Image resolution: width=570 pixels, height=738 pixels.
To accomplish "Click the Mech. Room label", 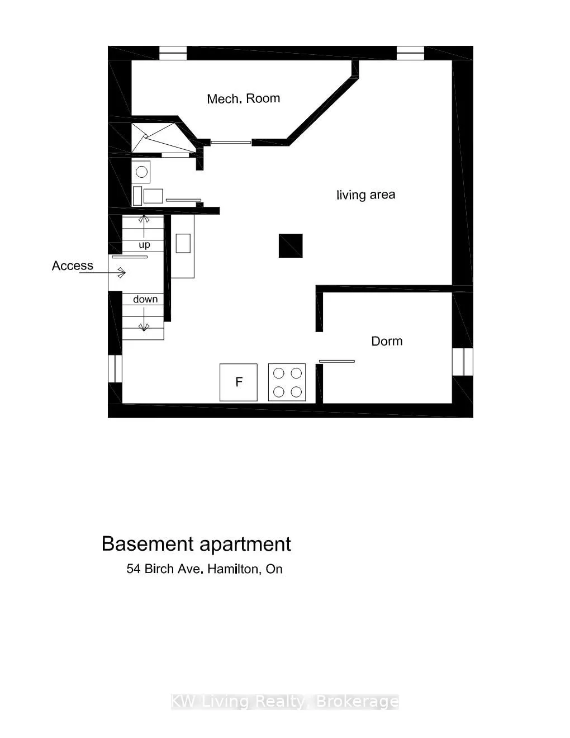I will pyautogui.click(x=243, y=99).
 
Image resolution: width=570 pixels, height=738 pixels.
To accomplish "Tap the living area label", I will pyautogui.click(x=365, y=195).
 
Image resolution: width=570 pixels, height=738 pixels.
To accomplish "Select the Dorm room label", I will pyautogui.click(x=387, y=341).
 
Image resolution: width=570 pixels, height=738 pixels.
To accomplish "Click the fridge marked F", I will pyautogui.click(x=239, y=382).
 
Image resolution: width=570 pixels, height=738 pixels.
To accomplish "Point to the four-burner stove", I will pyautogui.click(x=287, y=382).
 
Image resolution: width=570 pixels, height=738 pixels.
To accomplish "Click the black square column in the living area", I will pyautogui.click(x=291, y=245).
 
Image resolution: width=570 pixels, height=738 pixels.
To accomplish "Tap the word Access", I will pyautogui.click(x=72, y=266).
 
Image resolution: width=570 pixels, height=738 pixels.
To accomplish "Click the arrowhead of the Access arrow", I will pyautogui.click(x=122, y=273).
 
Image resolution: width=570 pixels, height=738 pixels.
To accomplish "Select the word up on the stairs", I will pyautogui.click(x=144, y=245).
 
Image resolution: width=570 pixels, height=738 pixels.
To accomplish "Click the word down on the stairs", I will pyautogui.click(x=145, y=299).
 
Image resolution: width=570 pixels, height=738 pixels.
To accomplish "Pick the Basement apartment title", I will pyautogui.click(x=196, y=544).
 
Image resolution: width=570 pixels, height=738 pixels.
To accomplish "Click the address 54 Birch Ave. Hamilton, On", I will pyautogui.click(x=205, y=569).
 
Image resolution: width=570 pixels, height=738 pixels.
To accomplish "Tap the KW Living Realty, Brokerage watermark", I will pyautogui.click(x=284, y=702).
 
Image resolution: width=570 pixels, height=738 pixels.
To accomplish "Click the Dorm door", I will pyautogui.click(x=336, y=361).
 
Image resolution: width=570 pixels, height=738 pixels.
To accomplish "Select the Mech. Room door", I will pyautogui.click(x=230, y=142).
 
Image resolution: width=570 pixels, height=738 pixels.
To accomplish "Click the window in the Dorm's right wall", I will pyautogui.click(x=463, y=361).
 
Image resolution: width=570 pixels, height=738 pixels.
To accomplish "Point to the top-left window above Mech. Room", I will pyautogui.click(x=173, y=53).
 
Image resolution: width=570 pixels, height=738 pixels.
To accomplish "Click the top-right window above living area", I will pyautogui.click(x=411, y=53).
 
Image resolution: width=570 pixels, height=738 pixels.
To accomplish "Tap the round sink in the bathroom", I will pyautogui.click(x=141, y=172).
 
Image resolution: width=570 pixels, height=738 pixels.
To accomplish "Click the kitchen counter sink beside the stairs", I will pyautogui.click(x=183, y=243).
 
